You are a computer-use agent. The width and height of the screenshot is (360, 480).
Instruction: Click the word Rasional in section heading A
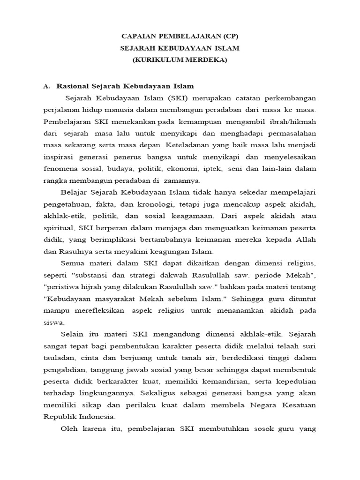(75, 87)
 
